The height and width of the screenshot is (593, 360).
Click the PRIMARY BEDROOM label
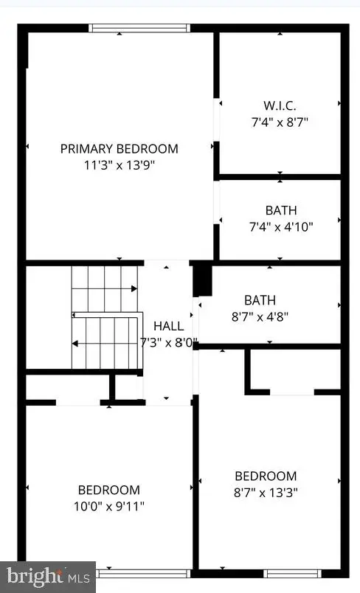pyautogui.click(x=119, y=149)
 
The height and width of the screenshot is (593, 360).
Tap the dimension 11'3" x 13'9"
pyautogui.click(x=119, y=164)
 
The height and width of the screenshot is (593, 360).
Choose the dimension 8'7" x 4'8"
pyautogui.click(x=260, y=316)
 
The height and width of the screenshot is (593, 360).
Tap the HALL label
pyautogui.click(x=168, y=326)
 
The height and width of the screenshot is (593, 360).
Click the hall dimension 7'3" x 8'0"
pyautogui.click(x=169, y=342)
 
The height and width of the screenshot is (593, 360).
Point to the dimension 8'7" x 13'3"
pyautogui.click(x=266, y=492)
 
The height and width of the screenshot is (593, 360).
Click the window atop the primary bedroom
pyautogui.click(x=139, y=29)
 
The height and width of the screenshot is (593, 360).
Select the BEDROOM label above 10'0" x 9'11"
pyautogui.click(x=109, y=490)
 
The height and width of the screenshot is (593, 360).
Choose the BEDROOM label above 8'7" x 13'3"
pyautogui.click(x=266, y=476)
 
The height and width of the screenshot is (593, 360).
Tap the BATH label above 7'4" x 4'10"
pyautogui.click(x=280, y=211)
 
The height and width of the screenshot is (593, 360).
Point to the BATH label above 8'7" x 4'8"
pyautogui.click(x=260, y=301)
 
